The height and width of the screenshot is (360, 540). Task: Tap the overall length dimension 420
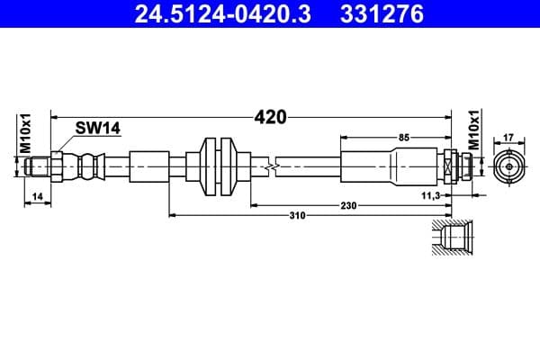pyautogui.click(x=269, y=117)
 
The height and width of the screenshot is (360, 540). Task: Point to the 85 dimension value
pyautogui.click(x=403, y=137)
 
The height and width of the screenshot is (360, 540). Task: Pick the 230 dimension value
pyautogui.click(x=348, y=206)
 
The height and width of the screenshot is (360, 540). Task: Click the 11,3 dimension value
pyautogui.click(x=430, y=195)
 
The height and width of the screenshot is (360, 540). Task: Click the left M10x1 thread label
pyautogui.click(x=26, y=134)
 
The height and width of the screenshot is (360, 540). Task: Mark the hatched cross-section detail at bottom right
pyautogui.click(x=446, y=239)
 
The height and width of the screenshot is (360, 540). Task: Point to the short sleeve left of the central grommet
pyautogui.click(x=148, y=166)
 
